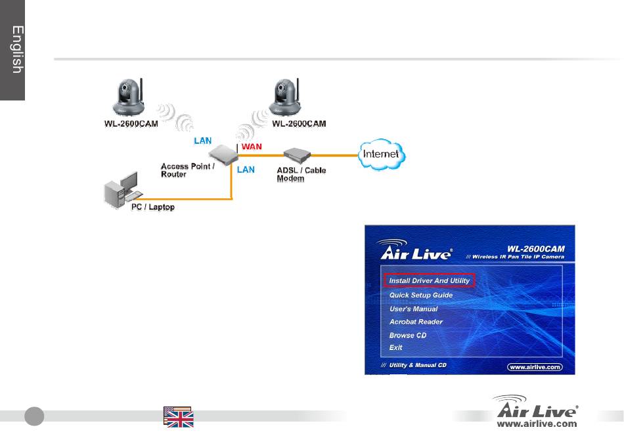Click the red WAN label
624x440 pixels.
pos(252,147)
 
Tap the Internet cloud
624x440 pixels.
pos(382,154)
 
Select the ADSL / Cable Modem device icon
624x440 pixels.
pos(297,155)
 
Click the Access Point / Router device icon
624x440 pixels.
pos(223,155)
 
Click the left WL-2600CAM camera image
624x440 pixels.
pos(129,97)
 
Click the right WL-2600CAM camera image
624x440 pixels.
pos(285,97)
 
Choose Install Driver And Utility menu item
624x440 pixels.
pos(430,280)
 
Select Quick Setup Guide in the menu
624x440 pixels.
pos(421,295)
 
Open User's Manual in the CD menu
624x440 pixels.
pos(413,309)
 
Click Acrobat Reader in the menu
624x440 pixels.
pos(416,322)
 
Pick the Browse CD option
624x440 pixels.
pos(408,336)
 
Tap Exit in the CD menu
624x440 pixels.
pos(395,347)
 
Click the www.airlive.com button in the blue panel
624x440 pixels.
pos(535,367)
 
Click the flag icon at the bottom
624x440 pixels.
pos(178,417)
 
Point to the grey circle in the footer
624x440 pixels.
pos(34,416)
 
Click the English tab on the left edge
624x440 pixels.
pos(12,50)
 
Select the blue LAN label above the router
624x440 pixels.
pos(202,141)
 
